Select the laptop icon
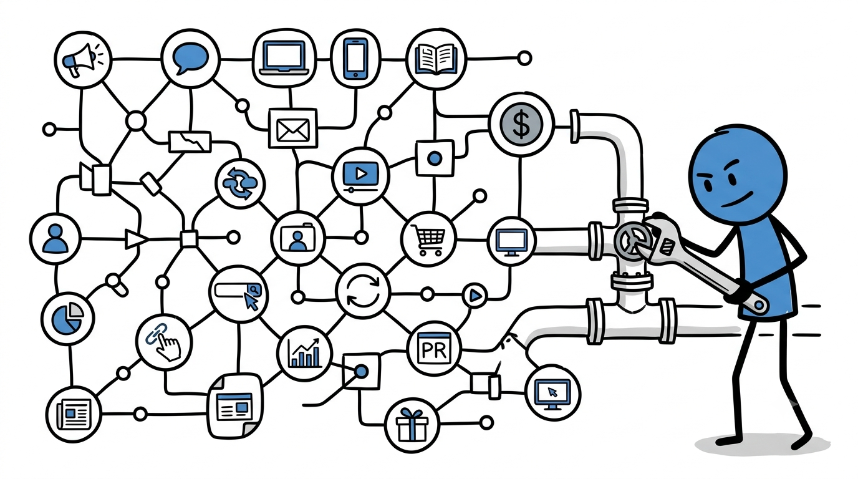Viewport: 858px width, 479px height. click(x=284, y=58)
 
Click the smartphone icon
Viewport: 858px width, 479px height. click(x=355, y=59)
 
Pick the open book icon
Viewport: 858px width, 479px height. click(x=436, y=59)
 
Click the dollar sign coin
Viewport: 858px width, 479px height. click(x=521, y=124)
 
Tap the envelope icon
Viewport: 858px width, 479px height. click(x=293, y=128)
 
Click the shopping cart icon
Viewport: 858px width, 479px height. click(x=428, y=238)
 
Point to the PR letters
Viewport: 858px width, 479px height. click(x=434, y=349)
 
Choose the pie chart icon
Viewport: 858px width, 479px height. click(x=68, y=317)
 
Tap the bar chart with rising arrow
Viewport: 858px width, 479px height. click(x=304, y=353)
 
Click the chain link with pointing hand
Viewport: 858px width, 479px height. click(x=163, y=342)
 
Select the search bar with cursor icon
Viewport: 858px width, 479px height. click(x=239, y=294)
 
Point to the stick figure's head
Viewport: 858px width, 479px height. click(x=738, y=175)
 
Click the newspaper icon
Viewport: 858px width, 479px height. click(x=74, y=414)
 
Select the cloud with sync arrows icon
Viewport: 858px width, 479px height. click(x=240, y=183)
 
